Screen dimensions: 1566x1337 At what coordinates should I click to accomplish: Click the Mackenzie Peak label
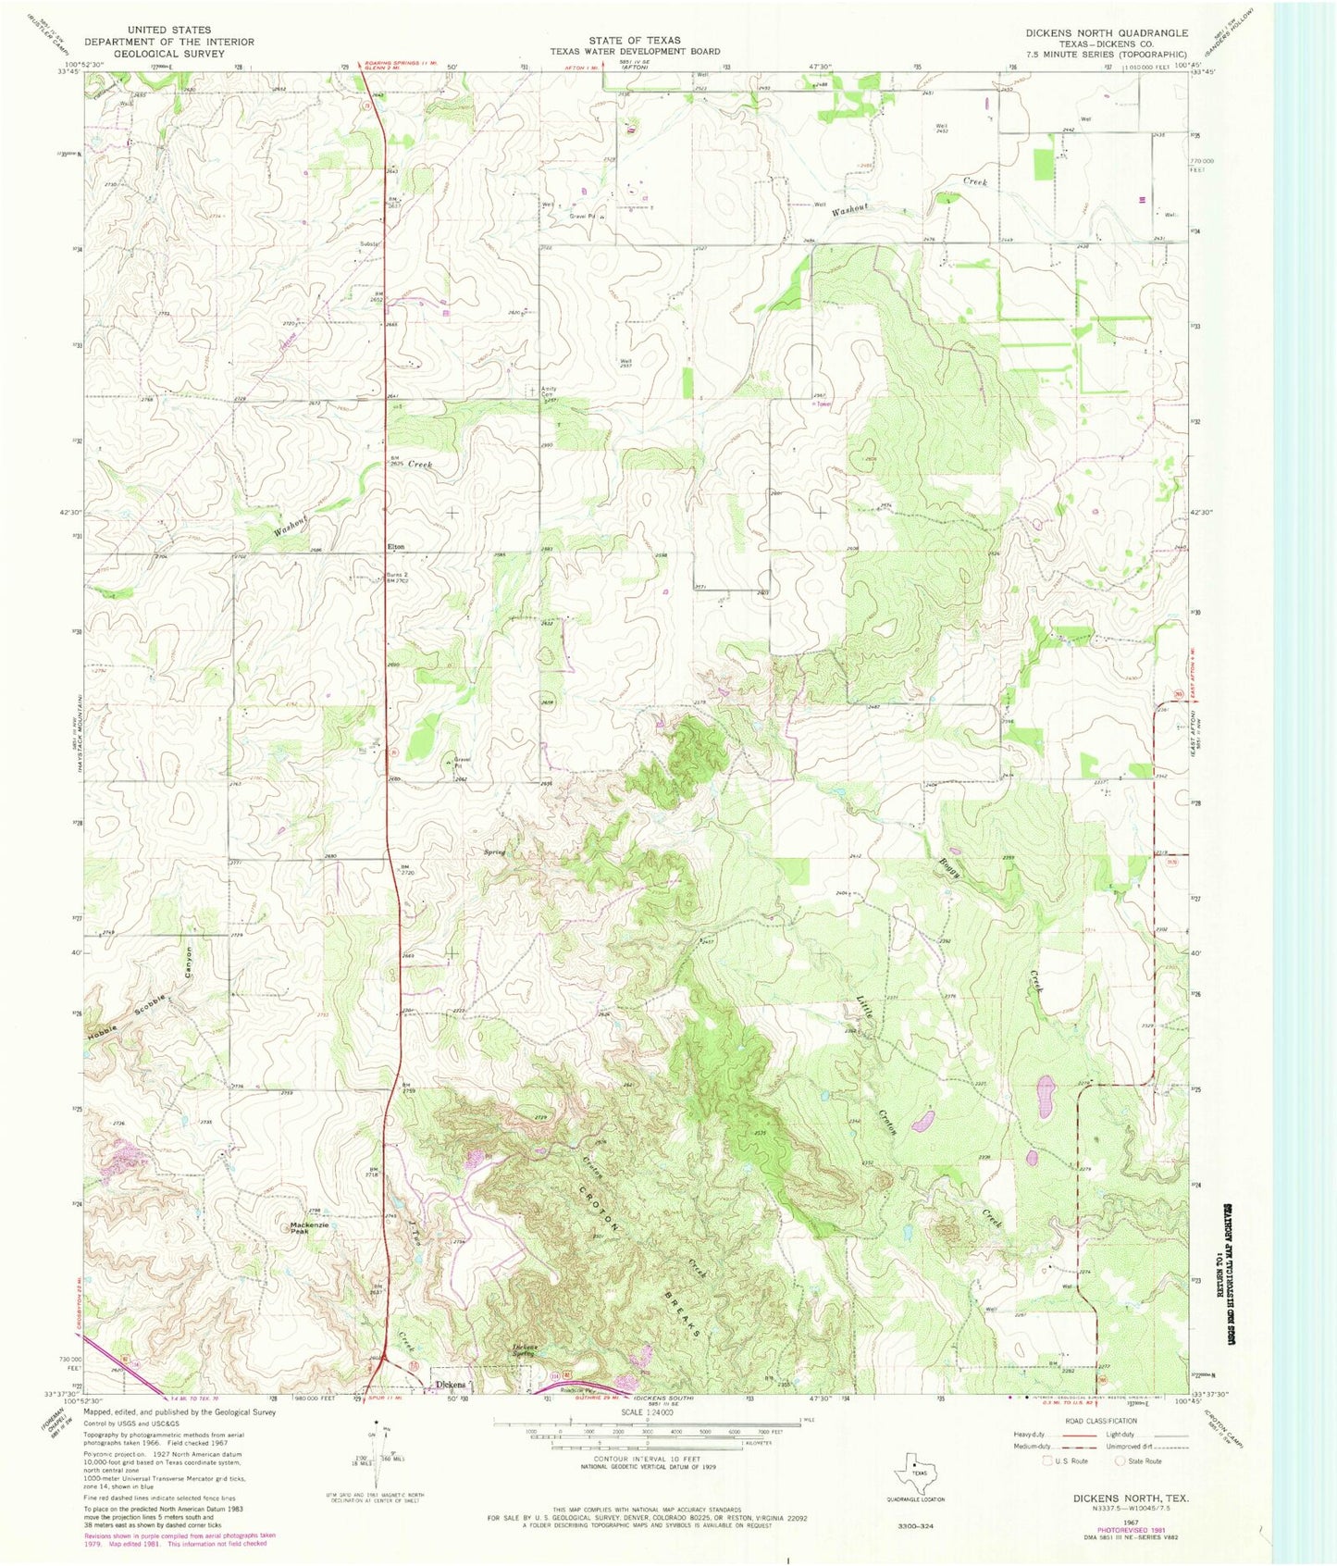pos(309,1228)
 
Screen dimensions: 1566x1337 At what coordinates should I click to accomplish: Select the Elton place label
pos(395,547)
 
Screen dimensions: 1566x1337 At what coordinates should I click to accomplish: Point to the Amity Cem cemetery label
pos(551,391)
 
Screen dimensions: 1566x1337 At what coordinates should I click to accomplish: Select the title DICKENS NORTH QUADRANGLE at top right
pos(1106,32)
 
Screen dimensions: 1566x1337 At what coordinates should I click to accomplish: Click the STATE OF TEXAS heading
pos(635,40)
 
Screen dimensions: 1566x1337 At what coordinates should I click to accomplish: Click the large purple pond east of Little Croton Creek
pos(1046,1095)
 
